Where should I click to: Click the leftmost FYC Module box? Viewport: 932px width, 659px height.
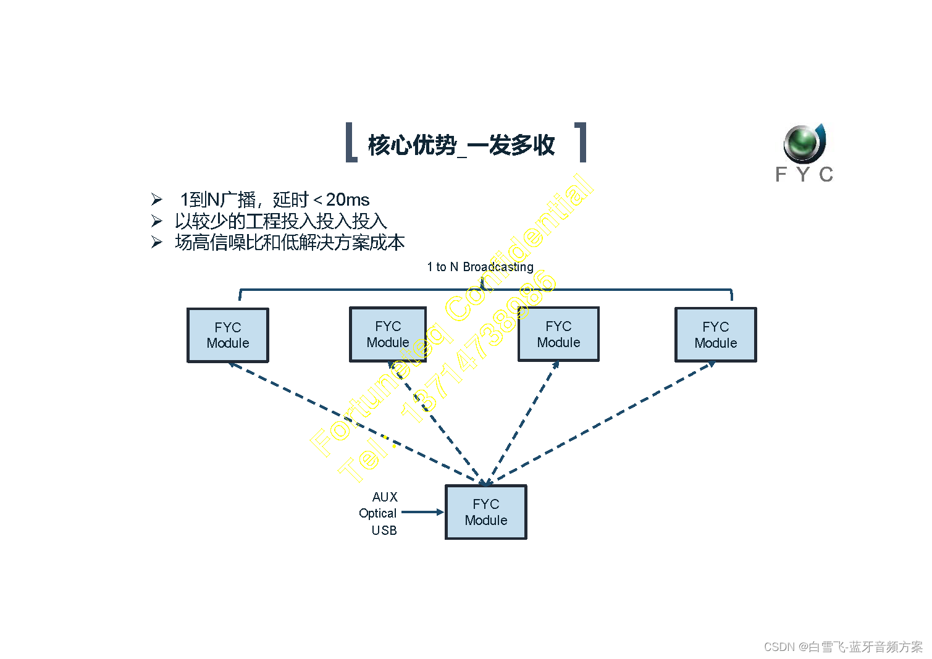[x=228, y=335]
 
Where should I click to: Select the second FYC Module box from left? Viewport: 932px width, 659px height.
[x=388, y=334]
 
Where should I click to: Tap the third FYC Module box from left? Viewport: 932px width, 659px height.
[x=558, y=334]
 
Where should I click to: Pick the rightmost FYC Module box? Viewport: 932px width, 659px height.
[x=715, y=335]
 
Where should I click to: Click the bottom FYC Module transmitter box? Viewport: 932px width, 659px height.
[x=485, y=512]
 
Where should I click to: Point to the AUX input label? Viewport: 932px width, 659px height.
[x=385, y=497]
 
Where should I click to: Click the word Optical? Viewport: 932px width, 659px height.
[x=377, y=513]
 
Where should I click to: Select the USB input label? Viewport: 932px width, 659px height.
[x=384, y=530]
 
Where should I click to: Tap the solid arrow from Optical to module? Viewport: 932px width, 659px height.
[x=422, y=512]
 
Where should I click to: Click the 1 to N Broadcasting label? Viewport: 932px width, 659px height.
[x=480, y=267]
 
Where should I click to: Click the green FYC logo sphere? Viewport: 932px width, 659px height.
[x=803, y=143]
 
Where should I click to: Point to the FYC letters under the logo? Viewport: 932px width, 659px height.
[x=804, y=175]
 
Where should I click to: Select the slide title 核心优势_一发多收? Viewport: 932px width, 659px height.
[x=461, y=145]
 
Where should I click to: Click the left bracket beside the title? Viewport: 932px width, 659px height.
[x=350, y=142]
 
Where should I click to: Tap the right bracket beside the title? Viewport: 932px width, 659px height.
[x=581, y=142]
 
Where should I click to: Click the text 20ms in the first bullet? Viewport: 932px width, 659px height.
[x=347, y=199]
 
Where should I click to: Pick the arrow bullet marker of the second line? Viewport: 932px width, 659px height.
[x=157, y=221]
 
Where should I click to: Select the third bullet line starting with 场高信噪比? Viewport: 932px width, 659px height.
[x=290, y=242]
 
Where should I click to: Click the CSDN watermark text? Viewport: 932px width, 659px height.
[x=842, y=647]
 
